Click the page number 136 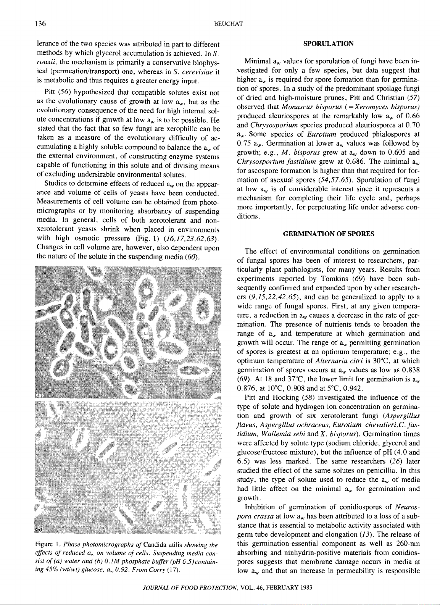40,24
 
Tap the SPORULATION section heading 328,44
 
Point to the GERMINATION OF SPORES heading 328,234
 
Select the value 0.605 393,152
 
